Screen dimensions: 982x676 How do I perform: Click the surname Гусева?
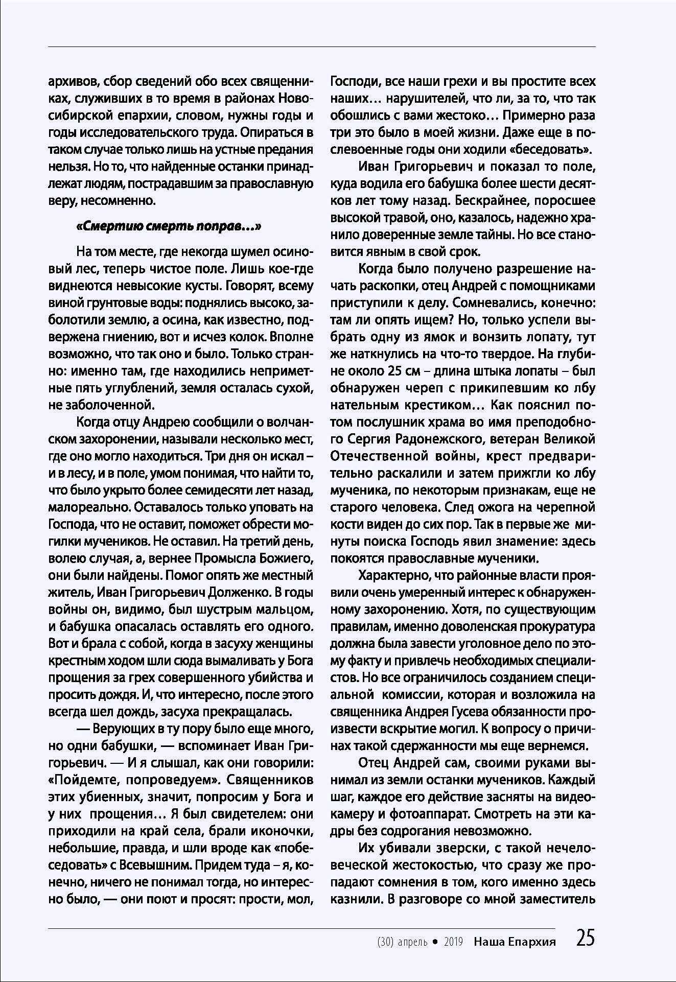pos(469,711)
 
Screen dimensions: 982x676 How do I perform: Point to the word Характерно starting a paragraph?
pos(393,575)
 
